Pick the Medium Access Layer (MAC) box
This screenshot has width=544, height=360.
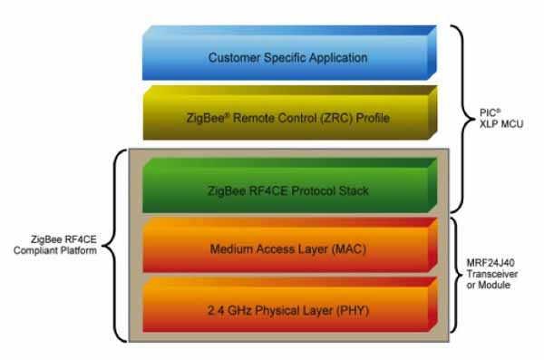click(x=287, y=248)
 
